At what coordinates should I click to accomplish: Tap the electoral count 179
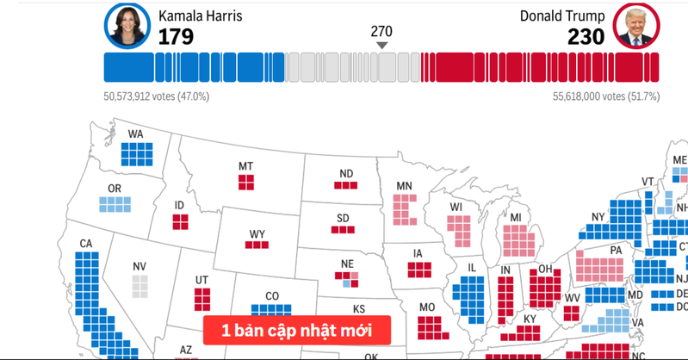click(176, 36)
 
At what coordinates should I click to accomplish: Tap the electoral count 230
click(586, 36)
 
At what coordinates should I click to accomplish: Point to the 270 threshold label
click(381, 30)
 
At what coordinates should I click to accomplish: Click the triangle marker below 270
click(382, 46)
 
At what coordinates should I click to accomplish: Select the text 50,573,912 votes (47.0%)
click(156, 97)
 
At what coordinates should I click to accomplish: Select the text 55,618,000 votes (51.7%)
click(606, 97)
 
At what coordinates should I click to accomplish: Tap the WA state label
click(136, 134)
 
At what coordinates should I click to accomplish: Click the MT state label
click(245, 166)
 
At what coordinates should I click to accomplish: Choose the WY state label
click(257, 233)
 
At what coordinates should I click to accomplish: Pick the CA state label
click(86, 244)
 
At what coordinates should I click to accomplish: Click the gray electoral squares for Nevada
click(139, 285)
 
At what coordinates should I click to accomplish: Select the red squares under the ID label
click(180, 221)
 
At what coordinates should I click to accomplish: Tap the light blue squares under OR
click(115, 204)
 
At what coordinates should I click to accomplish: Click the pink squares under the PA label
click(604, 267)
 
